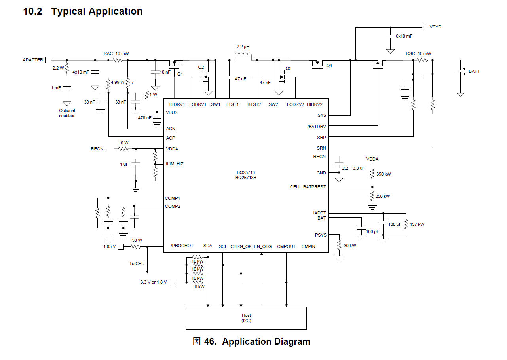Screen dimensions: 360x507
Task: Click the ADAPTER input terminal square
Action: coord(48,60)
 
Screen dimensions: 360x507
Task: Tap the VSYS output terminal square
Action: coord(424,27)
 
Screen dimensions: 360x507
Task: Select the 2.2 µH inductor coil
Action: coord(243,56)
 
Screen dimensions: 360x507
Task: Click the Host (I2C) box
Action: coord(246,318)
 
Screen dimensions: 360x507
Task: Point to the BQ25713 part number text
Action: coord(246,172)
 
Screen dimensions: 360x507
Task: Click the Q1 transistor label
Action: coord(180,74)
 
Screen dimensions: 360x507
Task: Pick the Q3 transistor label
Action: coord(288,68)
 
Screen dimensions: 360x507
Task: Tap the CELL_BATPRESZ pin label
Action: coord(308,187)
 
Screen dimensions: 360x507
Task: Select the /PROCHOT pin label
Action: coord(182,246)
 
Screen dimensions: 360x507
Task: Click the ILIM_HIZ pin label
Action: coord(175,164)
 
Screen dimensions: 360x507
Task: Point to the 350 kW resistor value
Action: coord(383,174)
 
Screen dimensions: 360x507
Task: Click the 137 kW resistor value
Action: coord(417,224)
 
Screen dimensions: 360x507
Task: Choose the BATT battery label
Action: coord(474,71)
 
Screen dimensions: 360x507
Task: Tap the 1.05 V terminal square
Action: coord(121,246)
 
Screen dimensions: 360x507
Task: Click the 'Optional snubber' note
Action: coord(67,113)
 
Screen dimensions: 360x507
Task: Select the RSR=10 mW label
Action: coord(418,53)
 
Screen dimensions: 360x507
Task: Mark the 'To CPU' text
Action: coord(137,263)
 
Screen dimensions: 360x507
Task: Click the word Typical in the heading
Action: coord(68,11)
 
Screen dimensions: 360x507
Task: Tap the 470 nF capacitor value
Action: coord(144,118)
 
